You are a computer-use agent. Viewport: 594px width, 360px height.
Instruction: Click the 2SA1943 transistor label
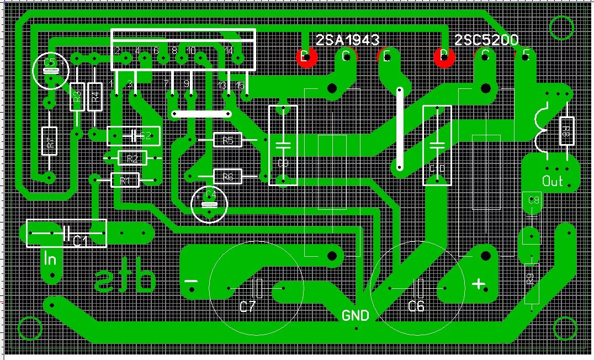(348, 40)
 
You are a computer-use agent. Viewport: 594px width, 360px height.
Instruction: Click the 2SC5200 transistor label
(486, 40)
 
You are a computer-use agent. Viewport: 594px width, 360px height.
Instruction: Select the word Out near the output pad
(552, 181)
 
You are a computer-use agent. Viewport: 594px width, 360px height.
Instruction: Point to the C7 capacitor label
(248, 306)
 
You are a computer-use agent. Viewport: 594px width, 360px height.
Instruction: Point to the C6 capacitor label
(416, 306)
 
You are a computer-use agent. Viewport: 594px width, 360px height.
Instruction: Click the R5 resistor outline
(227, 141)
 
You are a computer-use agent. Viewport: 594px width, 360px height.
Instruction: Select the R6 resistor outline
(227, 177)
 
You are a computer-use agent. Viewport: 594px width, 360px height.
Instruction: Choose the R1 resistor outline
(125, 180)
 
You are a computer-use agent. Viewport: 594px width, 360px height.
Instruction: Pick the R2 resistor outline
(132, 159)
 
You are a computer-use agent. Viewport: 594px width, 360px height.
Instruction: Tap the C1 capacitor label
(81, 240)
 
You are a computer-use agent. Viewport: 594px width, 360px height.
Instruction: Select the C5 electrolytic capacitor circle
(51, 70)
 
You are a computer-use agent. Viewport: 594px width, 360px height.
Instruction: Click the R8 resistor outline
(566, 131)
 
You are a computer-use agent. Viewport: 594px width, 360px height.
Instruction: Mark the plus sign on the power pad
(478, 284)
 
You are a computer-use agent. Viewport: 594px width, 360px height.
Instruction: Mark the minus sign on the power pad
(191, 282)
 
